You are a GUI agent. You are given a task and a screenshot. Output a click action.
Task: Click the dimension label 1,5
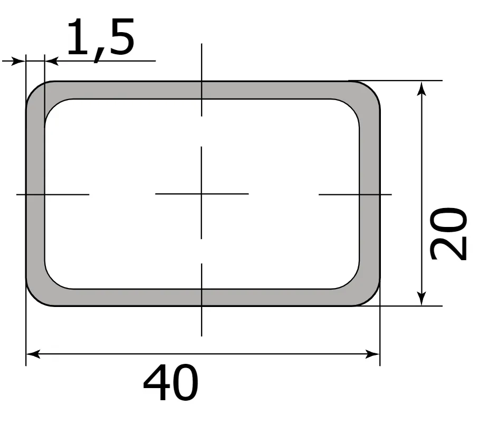pos(100,38)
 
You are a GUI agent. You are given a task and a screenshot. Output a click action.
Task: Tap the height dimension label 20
pos(448,234)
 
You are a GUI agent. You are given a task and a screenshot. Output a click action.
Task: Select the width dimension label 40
pos(170,383)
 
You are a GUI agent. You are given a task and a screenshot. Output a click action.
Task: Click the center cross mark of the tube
pos(202,194)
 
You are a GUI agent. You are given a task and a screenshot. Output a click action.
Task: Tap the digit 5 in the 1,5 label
pos(119,37)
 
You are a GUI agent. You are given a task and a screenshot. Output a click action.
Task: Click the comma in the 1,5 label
pos(96,55)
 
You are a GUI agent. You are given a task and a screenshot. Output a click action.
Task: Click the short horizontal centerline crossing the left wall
pos(53,194)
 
